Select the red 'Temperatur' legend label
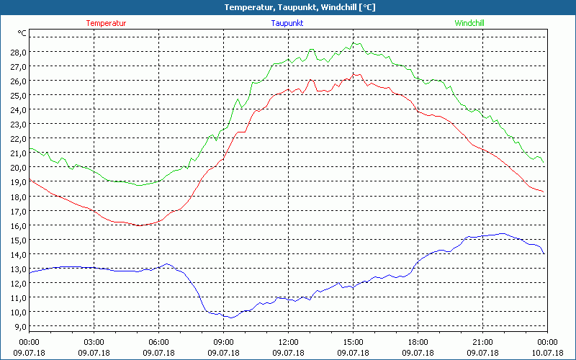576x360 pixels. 106,23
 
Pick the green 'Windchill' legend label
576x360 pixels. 469,23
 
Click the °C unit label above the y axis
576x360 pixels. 23,33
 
